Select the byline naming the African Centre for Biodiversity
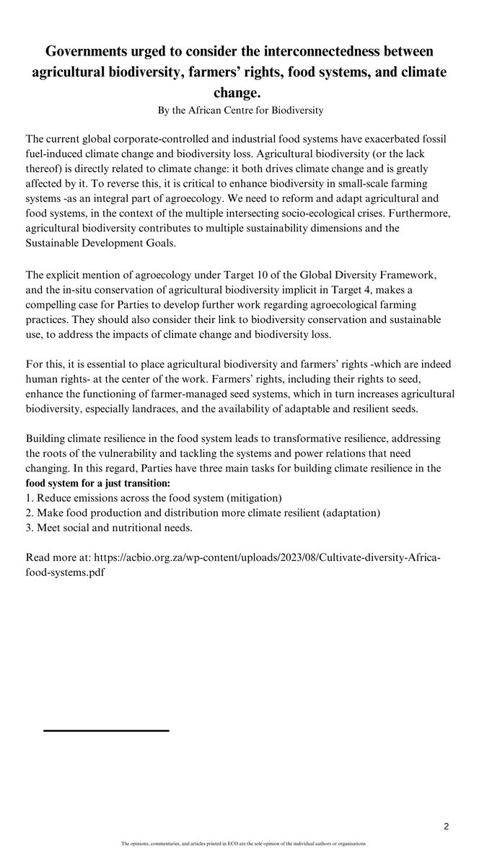[x=243, y=110]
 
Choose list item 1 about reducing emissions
[x=153, y=498]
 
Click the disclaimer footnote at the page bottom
[x=243, y=843]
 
